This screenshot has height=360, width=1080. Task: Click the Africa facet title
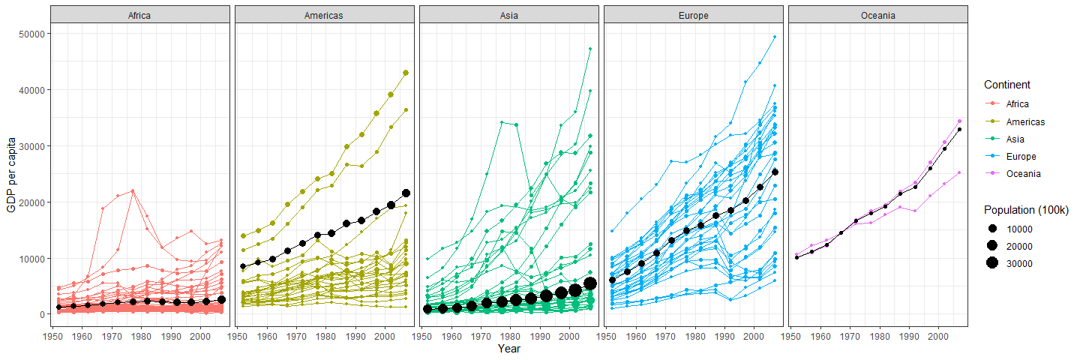coord(140,15)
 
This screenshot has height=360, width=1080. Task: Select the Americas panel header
coord(324,15)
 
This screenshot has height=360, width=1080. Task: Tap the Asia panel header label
coord(508,15)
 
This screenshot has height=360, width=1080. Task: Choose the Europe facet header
coord(693,15)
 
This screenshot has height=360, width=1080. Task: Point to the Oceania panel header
coord(877,15)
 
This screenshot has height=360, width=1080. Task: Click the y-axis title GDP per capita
coord(11,174)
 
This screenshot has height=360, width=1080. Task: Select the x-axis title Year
coord(509,349)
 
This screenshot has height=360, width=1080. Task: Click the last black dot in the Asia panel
coord(590,283)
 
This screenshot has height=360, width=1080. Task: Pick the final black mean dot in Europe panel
coord(775,172)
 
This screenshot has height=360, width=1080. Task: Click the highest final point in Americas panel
coord(406,73)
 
